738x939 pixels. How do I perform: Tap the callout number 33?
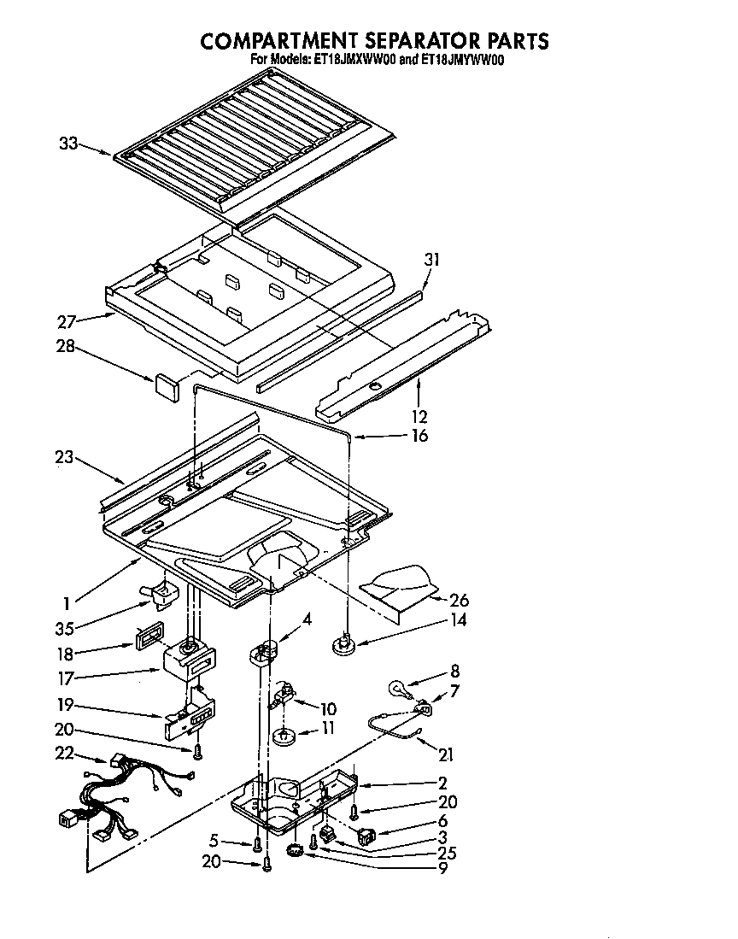click(69, 144)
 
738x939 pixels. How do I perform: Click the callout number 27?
click(67, 322)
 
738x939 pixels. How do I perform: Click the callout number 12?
click(419, 417)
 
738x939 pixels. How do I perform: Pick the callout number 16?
click(419, 436)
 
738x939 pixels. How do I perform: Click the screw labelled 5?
click(256, 845)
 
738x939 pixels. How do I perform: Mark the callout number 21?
click(445, 754)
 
